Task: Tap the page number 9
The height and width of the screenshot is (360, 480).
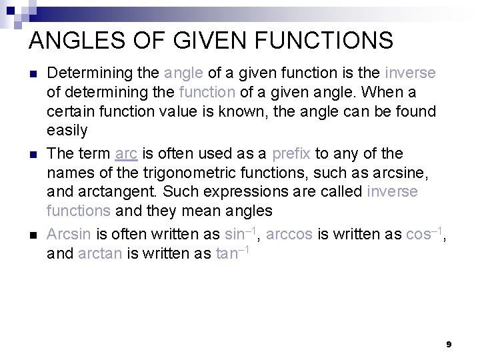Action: click(x=449, y=344)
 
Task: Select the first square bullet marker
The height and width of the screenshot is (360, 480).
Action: click(x=33, y=73)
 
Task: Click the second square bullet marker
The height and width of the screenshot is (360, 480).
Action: click(x=33, y=155)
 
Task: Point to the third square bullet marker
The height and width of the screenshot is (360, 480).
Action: click(x=33, y=235)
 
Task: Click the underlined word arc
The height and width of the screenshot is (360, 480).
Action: click(x=125, y=153)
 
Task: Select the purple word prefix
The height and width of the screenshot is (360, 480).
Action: click(x=291, y=153)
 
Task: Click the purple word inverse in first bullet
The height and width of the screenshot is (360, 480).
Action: click(x=410, y=72)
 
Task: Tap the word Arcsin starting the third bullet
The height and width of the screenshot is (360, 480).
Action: click(x=69, y=234)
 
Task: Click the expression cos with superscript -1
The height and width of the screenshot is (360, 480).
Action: click(x=424, y=233)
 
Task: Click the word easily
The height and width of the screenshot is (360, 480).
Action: click(x=67, y=130)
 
